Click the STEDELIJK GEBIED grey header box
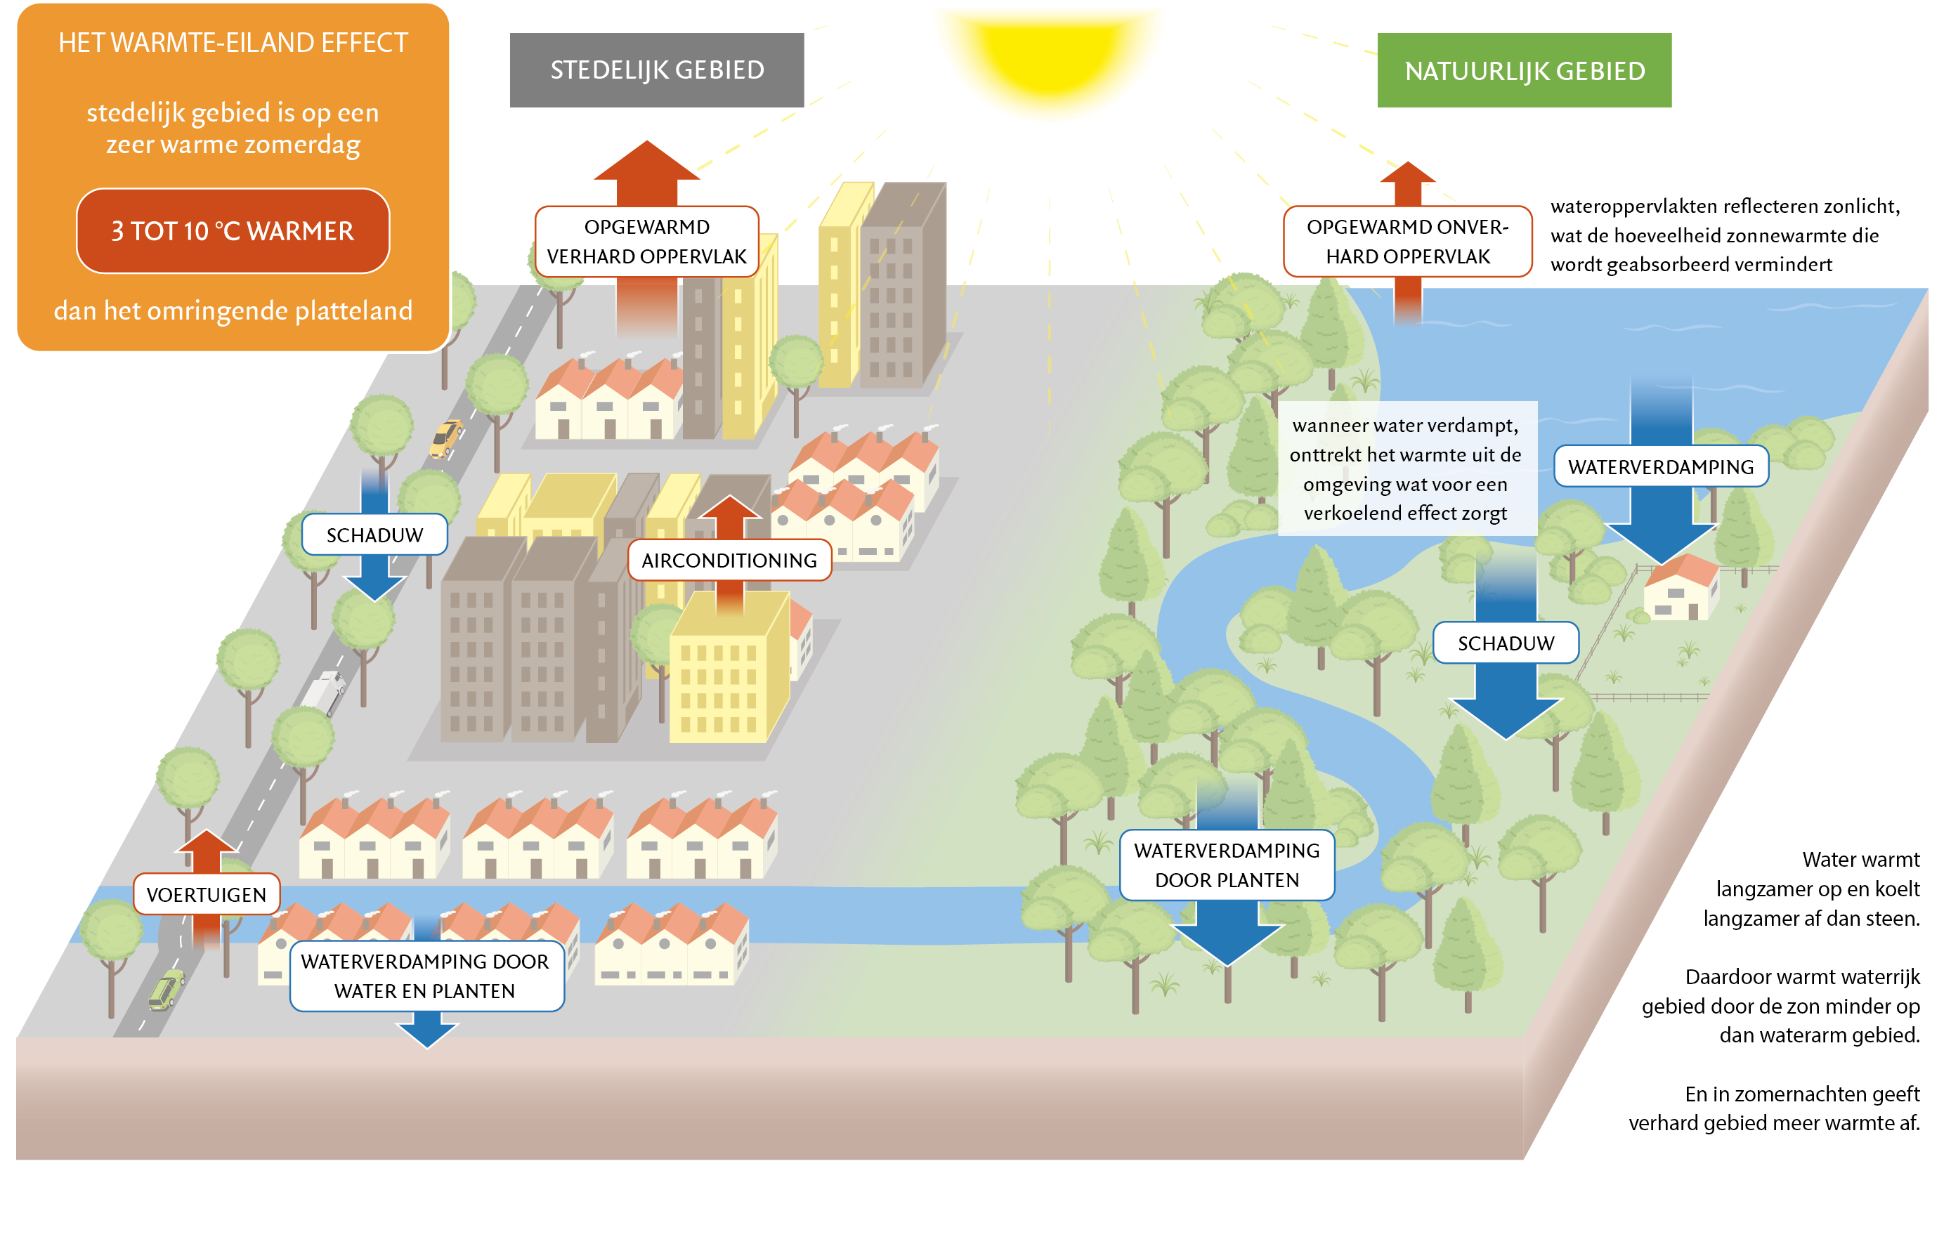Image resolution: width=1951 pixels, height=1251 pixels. tap(656, 70)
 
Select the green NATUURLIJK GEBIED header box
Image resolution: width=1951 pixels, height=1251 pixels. tap(1524, 71)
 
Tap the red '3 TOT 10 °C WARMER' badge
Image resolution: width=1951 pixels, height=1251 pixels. tap(233, 232)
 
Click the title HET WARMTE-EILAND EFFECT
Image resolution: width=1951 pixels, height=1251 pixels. tap(233, 43)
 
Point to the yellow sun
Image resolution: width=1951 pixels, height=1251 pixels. tap(1050, 57)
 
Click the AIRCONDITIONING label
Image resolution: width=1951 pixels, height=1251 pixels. tap(729, 561)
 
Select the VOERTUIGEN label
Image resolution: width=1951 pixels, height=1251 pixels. tap(207, 894)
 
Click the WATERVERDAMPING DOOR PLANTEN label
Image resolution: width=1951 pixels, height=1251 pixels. tap(1227, 865)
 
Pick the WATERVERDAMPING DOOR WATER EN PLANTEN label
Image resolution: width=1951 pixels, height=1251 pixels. tap(426, 976)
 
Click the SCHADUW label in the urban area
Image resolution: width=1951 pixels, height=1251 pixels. tap(374, 535)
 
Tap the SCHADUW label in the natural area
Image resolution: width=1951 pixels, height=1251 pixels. tap(1505, 643)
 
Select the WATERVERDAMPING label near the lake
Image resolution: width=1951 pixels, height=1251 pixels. tap(1660, 467)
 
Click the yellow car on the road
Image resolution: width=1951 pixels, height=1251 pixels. tap(445, 439)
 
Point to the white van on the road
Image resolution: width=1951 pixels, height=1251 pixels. tap(324, 692)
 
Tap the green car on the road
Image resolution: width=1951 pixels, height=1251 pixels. tap(166, 990)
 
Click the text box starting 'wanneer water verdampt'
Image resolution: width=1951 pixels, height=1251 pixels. tap(1405, 469)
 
